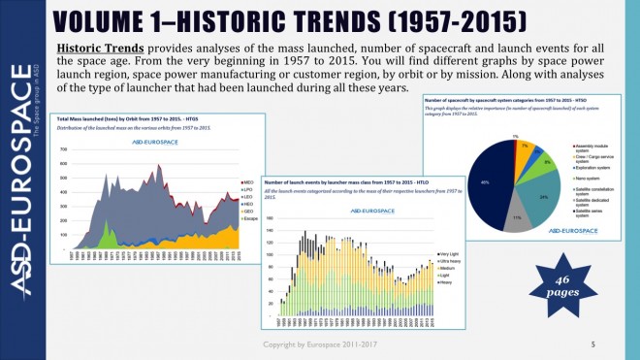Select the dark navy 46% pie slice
489,180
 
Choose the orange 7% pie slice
527,149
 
